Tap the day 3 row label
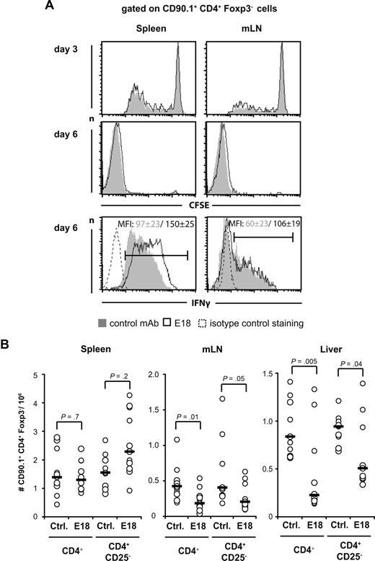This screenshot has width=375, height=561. click(x=72, y=50)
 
